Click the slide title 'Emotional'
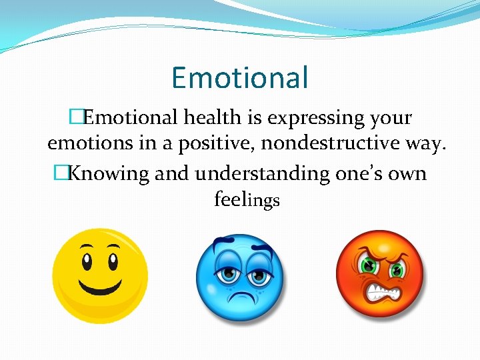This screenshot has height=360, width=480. coord(239,77)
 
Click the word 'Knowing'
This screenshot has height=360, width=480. coord(109,174)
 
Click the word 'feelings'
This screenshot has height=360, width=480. coord(247,199)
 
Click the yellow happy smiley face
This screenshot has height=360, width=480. coord(100,275)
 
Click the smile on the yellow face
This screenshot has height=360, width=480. coord(100,287)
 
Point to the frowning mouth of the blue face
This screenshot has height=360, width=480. coord(240,295)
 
